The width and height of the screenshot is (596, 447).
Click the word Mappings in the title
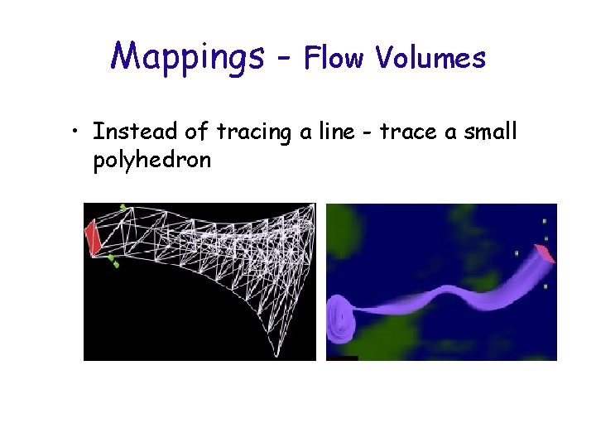pyautogui.click(x=187, y=55)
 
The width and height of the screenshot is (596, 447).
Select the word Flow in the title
pyautogui.click(x=336, y=57)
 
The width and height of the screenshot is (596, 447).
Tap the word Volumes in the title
pyautogui.click(x=430, y=57)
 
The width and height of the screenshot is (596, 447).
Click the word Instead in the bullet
pyautogui.click(x=132, y=131)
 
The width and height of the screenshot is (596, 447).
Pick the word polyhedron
pyautogui.click(x=152, y=159)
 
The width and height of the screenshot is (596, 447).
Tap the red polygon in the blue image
pyautogui.click(x=545, y=253)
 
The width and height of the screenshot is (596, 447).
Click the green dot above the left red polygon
pyautogui.click(x=123, y=207)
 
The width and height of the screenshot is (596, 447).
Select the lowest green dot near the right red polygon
pyautogui.click(x=546, y=286)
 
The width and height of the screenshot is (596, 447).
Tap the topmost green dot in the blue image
pyautogui.click(x=545, y=221)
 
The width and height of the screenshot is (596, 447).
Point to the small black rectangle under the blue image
pyautogui.click(x=342, y=358)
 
